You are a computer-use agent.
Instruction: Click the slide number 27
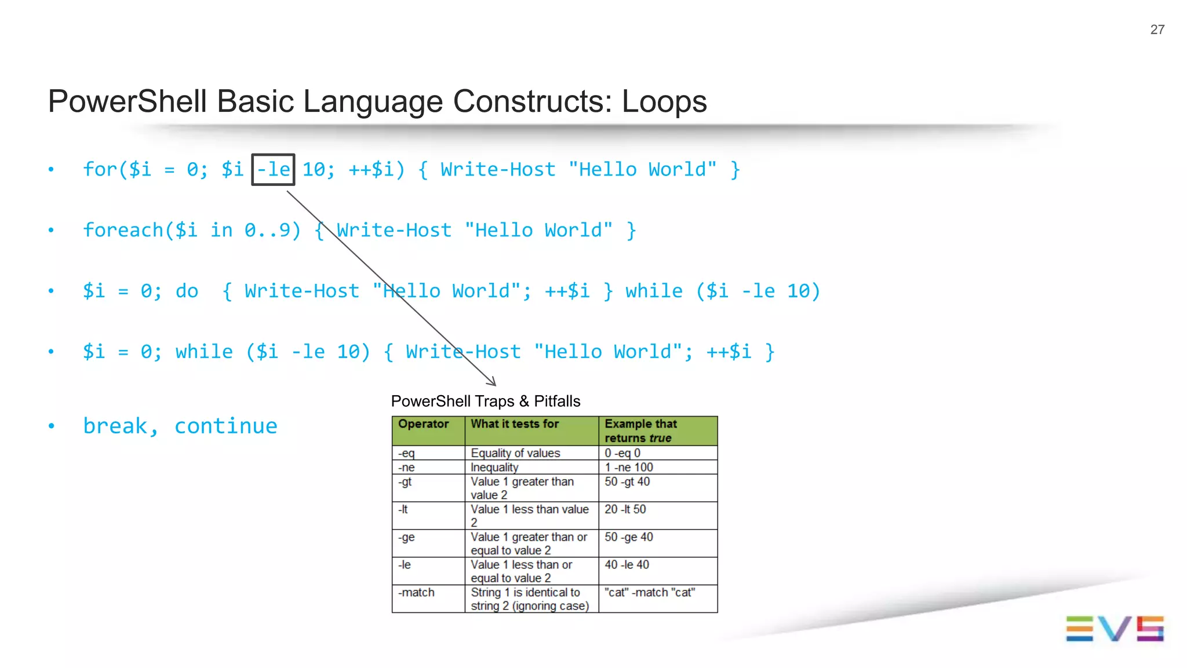click(x=1157, y=30)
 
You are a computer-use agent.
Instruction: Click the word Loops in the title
click(x=664, y=101)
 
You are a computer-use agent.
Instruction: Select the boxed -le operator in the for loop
click(x=273, y=170)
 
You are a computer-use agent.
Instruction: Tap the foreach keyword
click(x=123, y=230)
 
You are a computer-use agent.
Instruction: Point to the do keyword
click(x=187, y=291)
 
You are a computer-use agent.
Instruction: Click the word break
click(x=115, y=426)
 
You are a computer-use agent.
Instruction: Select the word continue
click(x=226, y=426)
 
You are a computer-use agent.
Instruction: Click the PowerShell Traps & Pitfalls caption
click(x=485, y=401)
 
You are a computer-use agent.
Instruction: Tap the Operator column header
click(x=423, y=424)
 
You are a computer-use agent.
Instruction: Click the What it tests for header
click(x=515, y=424)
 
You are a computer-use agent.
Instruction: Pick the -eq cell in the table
click(x=406, y=453)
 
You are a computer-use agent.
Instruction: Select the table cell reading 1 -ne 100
click(x=628, y=467)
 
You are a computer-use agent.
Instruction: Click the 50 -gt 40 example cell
click(x=627, y=481)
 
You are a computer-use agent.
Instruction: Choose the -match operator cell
click(x=416, y=592)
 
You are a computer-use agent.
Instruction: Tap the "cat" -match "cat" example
click(x=649, y=592)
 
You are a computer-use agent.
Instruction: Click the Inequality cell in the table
click(x=494, y=467)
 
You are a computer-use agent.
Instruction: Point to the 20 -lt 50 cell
click(x=625, y=509)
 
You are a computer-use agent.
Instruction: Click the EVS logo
click(x=1114, y=629)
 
